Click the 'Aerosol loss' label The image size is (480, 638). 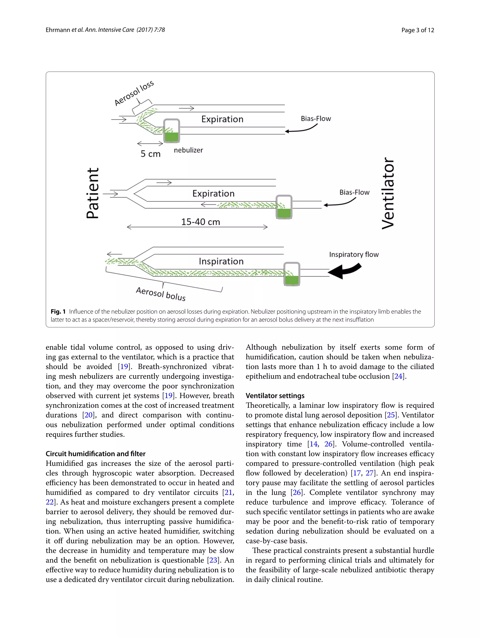[134, 93]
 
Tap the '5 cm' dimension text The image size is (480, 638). [150, 154]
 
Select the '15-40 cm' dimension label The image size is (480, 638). [200, 222]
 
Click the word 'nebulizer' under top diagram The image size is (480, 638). [188, 150]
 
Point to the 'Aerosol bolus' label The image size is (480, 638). [161, 294]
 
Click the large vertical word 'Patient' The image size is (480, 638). [93, 193]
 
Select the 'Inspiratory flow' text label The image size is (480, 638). [354, 254]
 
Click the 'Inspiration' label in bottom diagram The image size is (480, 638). [221, 261]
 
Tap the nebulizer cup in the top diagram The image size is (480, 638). [172, 131]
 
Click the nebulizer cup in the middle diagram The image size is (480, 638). [284, 207]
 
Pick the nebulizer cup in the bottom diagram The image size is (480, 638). [292, 274]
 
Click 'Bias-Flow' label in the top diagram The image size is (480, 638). [316, 119]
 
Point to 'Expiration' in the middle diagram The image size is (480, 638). [213, 193]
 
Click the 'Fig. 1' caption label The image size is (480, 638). [58, 312]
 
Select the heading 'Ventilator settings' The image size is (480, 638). [275, 396]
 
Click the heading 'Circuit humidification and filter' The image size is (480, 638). [95, 454]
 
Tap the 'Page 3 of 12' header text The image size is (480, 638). [417, 30]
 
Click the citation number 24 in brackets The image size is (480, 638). [398, 376]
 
